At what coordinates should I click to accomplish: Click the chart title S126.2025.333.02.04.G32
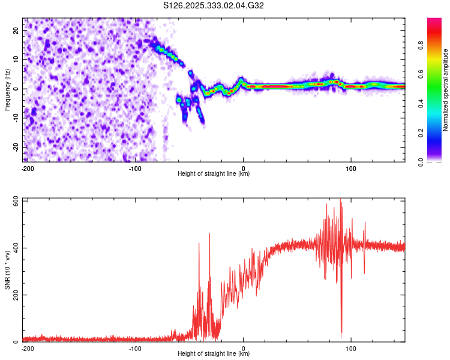[x=214, y=6]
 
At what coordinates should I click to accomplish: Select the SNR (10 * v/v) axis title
[x=8, y=270]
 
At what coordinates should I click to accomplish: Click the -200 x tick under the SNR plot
[x=27, y=348]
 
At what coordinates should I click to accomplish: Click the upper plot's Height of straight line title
[x=214, y=174]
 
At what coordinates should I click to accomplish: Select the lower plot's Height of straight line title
[x=214, y=354]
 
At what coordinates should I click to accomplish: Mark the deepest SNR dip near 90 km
[x=341, y=337]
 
